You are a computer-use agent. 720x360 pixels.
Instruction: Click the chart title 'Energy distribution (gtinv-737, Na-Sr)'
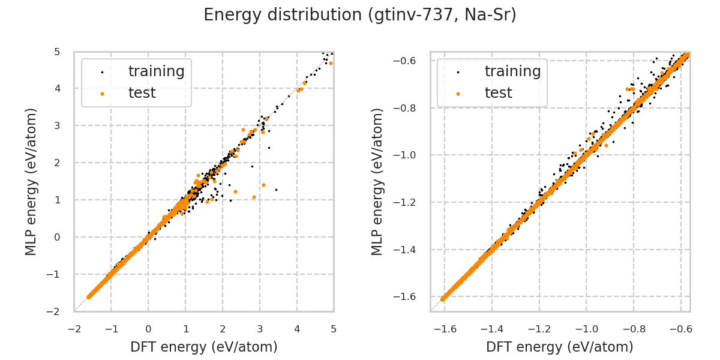click(360, 15)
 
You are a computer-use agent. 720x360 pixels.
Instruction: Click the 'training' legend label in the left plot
click(156, 71)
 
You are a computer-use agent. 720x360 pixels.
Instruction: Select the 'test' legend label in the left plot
click(142, 93)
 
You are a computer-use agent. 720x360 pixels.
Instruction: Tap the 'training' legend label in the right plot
click(512, 71)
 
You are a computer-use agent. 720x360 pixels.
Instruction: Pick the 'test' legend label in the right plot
click(498, 93)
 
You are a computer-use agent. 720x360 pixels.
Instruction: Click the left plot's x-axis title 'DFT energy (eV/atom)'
click(204, 347)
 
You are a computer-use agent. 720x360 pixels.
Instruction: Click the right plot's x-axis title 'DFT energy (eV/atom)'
click(560, 347)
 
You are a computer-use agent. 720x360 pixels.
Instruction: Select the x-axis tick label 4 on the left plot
click(296, 329)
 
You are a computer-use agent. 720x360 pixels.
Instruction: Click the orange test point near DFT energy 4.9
click(331, 63)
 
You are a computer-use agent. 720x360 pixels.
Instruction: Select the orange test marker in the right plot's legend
click(458, 94)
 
